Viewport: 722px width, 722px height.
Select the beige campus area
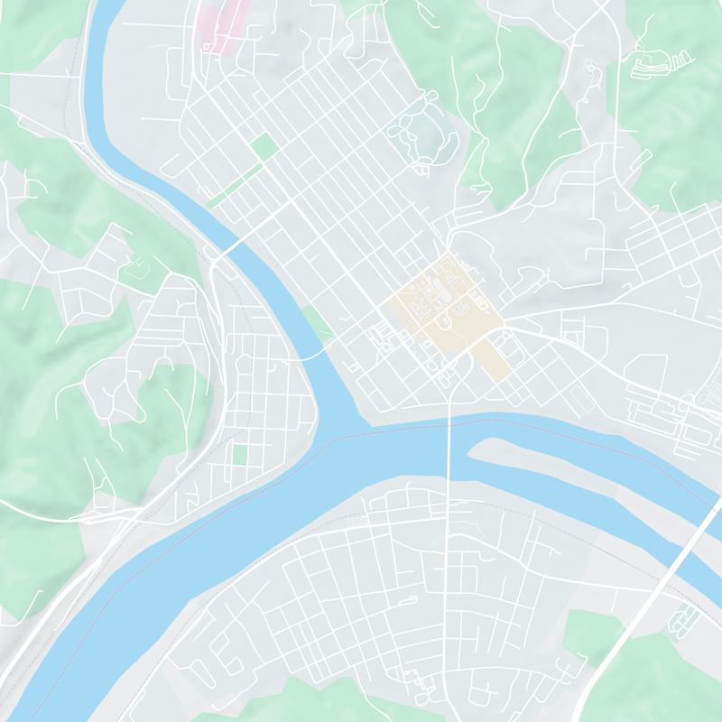[442, 311]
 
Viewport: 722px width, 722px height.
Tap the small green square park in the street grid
[264, 146]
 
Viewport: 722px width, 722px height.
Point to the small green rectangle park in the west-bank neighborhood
[239, 453]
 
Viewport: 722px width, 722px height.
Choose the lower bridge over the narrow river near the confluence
[307, 356]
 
